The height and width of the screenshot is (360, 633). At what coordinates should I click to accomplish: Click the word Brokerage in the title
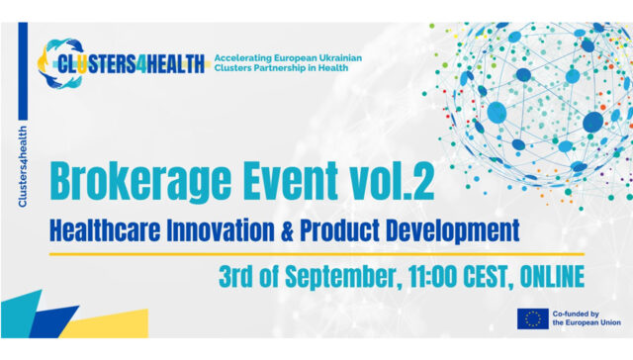click(140, 182)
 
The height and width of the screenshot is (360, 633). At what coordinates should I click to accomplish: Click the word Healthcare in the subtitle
click(105, 230)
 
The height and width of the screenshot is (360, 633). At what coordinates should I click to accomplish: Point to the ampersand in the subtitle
click(287, 231)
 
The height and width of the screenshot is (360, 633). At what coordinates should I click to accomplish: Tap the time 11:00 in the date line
click(432, 277)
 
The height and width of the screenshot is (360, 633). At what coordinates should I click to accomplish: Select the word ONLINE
click(552, 277)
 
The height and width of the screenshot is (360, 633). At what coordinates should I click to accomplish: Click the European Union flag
click(533, 318)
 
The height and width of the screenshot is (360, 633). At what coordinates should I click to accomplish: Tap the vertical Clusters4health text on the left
click(23, 167)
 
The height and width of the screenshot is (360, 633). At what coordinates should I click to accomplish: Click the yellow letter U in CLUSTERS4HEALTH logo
click(82, 64)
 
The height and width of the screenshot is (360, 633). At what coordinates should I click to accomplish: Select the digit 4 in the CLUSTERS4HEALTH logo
click(140, 64)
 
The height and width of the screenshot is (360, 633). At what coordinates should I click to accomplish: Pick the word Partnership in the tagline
click(280, 68)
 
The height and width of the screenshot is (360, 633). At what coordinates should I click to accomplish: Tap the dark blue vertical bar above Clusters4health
click(23, 71)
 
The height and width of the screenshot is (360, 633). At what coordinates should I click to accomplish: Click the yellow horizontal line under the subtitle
click(316, 254)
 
